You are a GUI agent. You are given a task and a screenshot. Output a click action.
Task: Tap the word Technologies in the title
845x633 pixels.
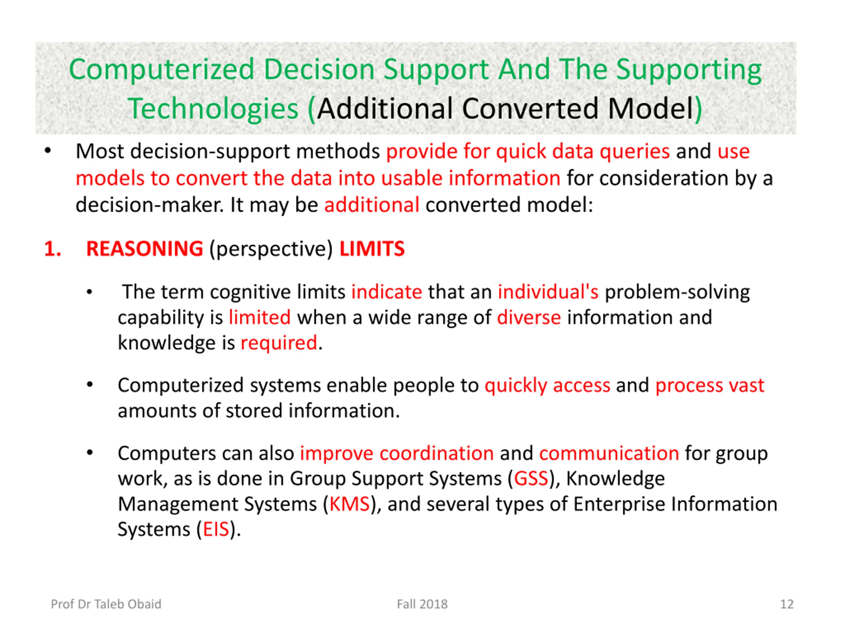213,109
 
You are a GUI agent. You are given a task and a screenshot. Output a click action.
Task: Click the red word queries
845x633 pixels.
634,152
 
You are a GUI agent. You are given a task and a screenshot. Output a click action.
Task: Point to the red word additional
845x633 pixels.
372,205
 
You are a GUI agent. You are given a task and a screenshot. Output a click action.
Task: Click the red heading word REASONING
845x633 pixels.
144,249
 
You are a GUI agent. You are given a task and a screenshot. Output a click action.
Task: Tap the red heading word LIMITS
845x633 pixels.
372,249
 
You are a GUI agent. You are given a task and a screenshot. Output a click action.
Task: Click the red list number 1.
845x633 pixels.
52,249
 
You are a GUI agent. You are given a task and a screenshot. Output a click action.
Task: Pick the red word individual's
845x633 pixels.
548,292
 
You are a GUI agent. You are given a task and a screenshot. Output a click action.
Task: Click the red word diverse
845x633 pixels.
529,317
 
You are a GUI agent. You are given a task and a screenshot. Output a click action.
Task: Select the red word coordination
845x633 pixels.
436,453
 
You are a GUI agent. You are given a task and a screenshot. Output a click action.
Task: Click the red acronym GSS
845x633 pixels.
531,479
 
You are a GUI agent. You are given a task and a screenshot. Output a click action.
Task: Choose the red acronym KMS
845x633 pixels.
349,504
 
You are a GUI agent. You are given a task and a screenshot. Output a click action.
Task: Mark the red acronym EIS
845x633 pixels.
216,529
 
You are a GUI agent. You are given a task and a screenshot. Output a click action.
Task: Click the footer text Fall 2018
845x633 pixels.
422,604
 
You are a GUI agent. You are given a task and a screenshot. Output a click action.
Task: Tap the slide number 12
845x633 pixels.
787,604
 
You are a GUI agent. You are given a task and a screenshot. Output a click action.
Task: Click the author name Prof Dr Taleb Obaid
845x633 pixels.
106,604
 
